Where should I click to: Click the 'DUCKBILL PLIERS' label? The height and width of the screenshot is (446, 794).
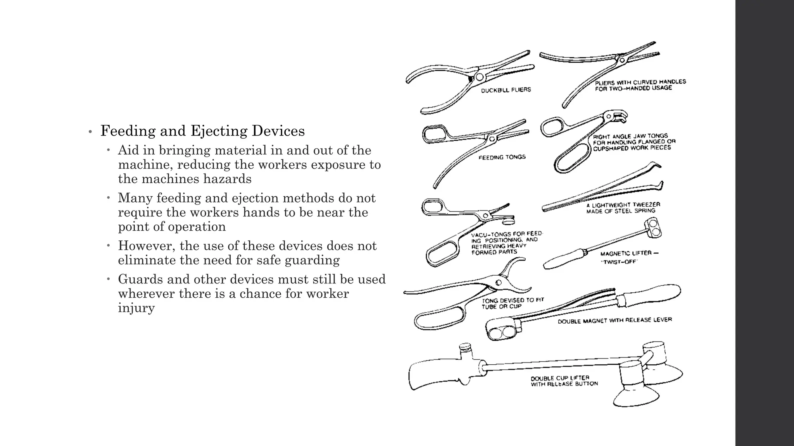[x=506, y=90]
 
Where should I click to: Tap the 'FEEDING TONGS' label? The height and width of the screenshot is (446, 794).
[x=502, y=157]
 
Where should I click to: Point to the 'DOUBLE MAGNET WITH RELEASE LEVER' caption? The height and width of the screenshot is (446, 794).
[x=614, y=321]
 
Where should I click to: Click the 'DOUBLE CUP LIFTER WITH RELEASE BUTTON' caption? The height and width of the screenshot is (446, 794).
[x=564, y=381]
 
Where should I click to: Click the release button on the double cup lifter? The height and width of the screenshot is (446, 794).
[x=464, y=347]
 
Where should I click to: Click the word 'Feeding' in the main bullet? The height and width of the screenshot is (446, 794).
[x=128, y=131]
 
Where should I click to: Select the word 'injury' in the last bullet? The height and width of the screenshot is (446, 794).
[x=136, y=308]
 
